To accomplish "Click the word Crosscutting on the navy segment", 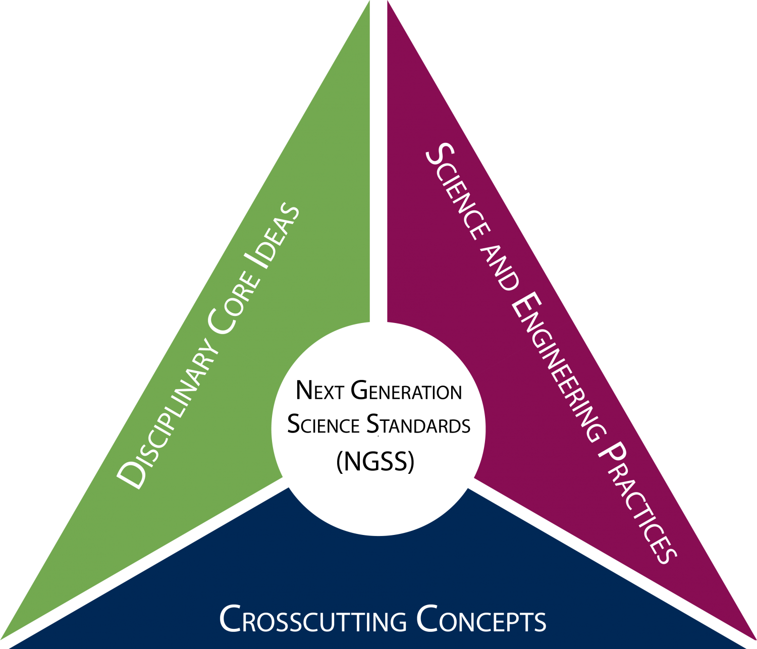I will [313, 620].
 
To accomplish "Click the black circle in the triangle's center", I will [379, 429].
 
